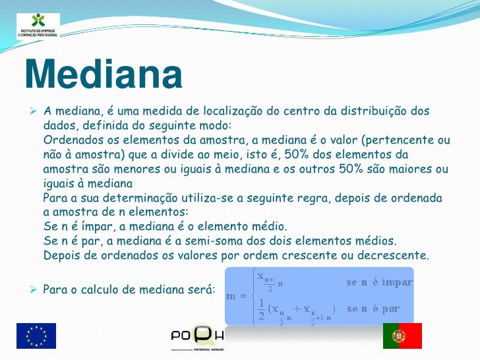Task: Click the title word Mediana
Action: [x=104, y=76]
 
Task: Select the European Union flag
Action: [x=36, y=336]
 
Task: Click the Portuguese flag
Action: [x=402, y=336]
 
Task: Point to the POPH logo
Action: [x=198, y=336]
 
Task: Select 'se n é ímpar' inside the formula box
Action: [x=379, y=282]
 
